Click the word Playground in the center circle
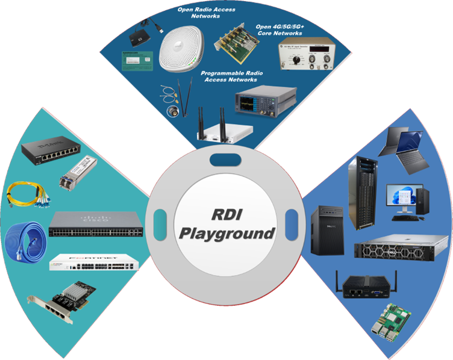pyautogui.click(x=226, y=232)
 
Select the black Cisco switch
pyautogui.click(x=96, y=224)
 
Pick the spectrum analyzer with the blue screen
pyautogui.click(x=266, y=99)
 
